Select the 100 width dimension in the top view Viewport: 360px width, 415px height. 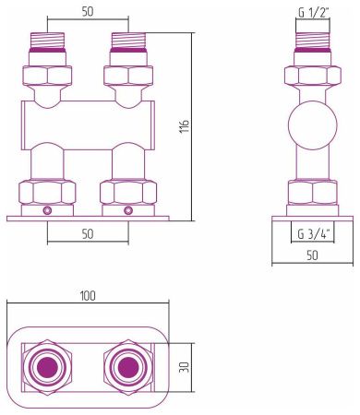click(x=89, y=296)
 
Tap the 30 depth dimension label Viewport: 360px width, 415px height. click(x=186, y=366)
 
